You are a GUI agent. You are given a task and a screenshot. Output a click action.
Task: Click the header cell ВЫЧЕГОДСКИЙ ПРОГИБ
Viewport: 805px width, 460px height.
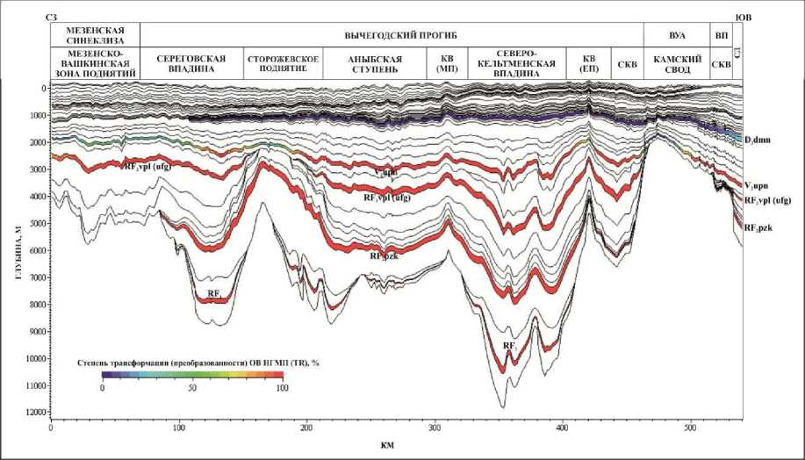[x=392, y=34]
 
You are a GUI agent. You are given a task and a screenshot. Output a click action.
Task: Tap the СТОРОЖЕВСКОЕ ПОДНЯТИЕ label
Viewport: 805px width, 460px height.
[x=282, y=63]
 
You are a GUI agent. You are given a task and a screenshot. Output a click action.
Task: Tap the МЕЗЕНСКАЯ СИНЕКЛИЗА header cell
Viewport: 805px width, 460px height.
[x=93, y=34]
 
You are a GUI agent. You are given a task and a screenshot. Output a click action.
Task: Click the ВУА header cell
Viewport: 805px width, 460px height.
[x=678, y=34]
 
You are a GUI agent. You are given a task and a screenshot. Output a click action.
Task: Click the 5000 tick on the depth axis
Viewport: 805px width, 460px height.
[x=36, y=224]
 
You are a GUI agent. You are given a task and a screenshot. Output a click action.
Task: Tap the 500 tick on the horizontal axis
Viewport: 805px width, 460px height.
[x=690, y=428]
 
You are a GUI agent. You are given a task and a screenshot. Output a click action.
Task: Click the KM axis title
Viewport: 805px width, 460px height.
[x=387, y=445]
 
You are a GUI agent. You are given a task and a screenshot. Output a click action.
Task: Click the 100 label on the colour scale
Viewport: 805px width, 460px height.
[x=278, y=386]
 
